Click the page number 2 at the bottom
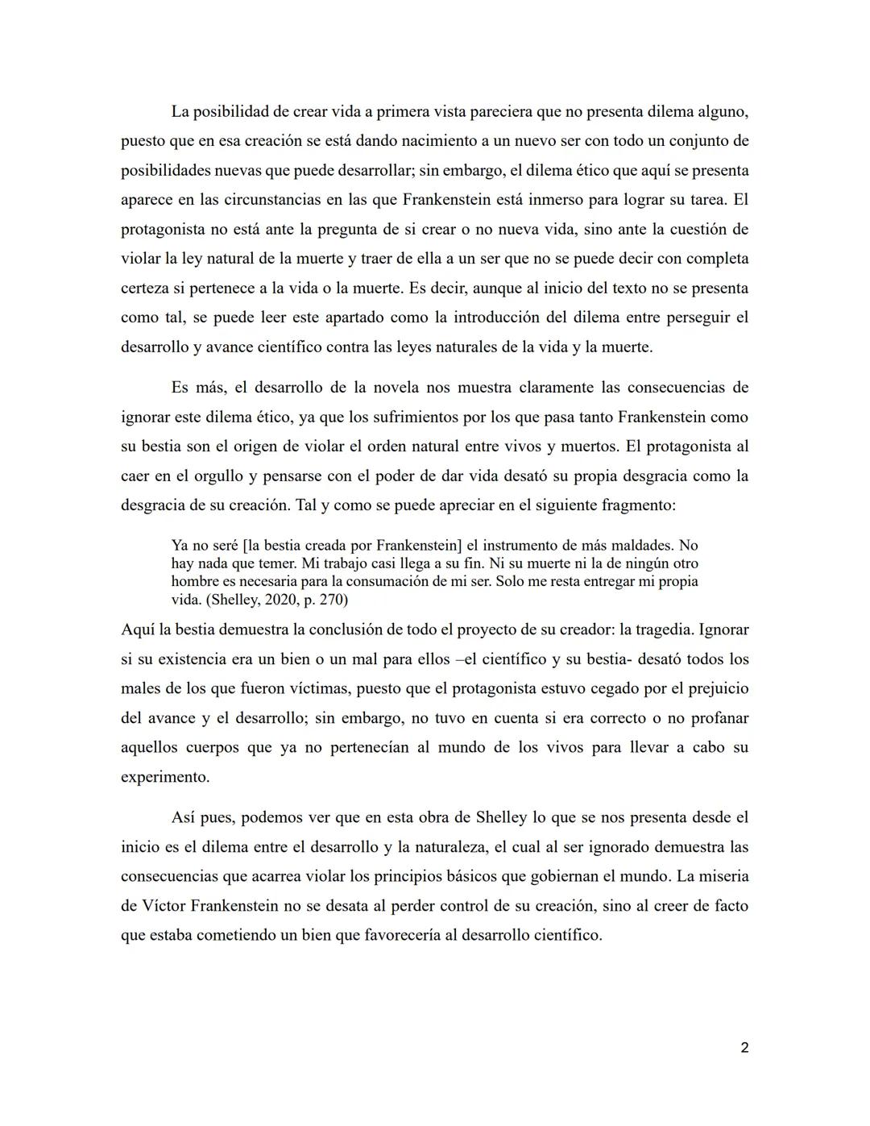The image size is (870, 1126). [x=744, y=1048]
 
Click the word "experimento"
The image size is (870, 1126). [x=164, y=777]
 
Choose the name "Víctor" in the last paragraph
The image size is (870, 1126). [x=164, y=905]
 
